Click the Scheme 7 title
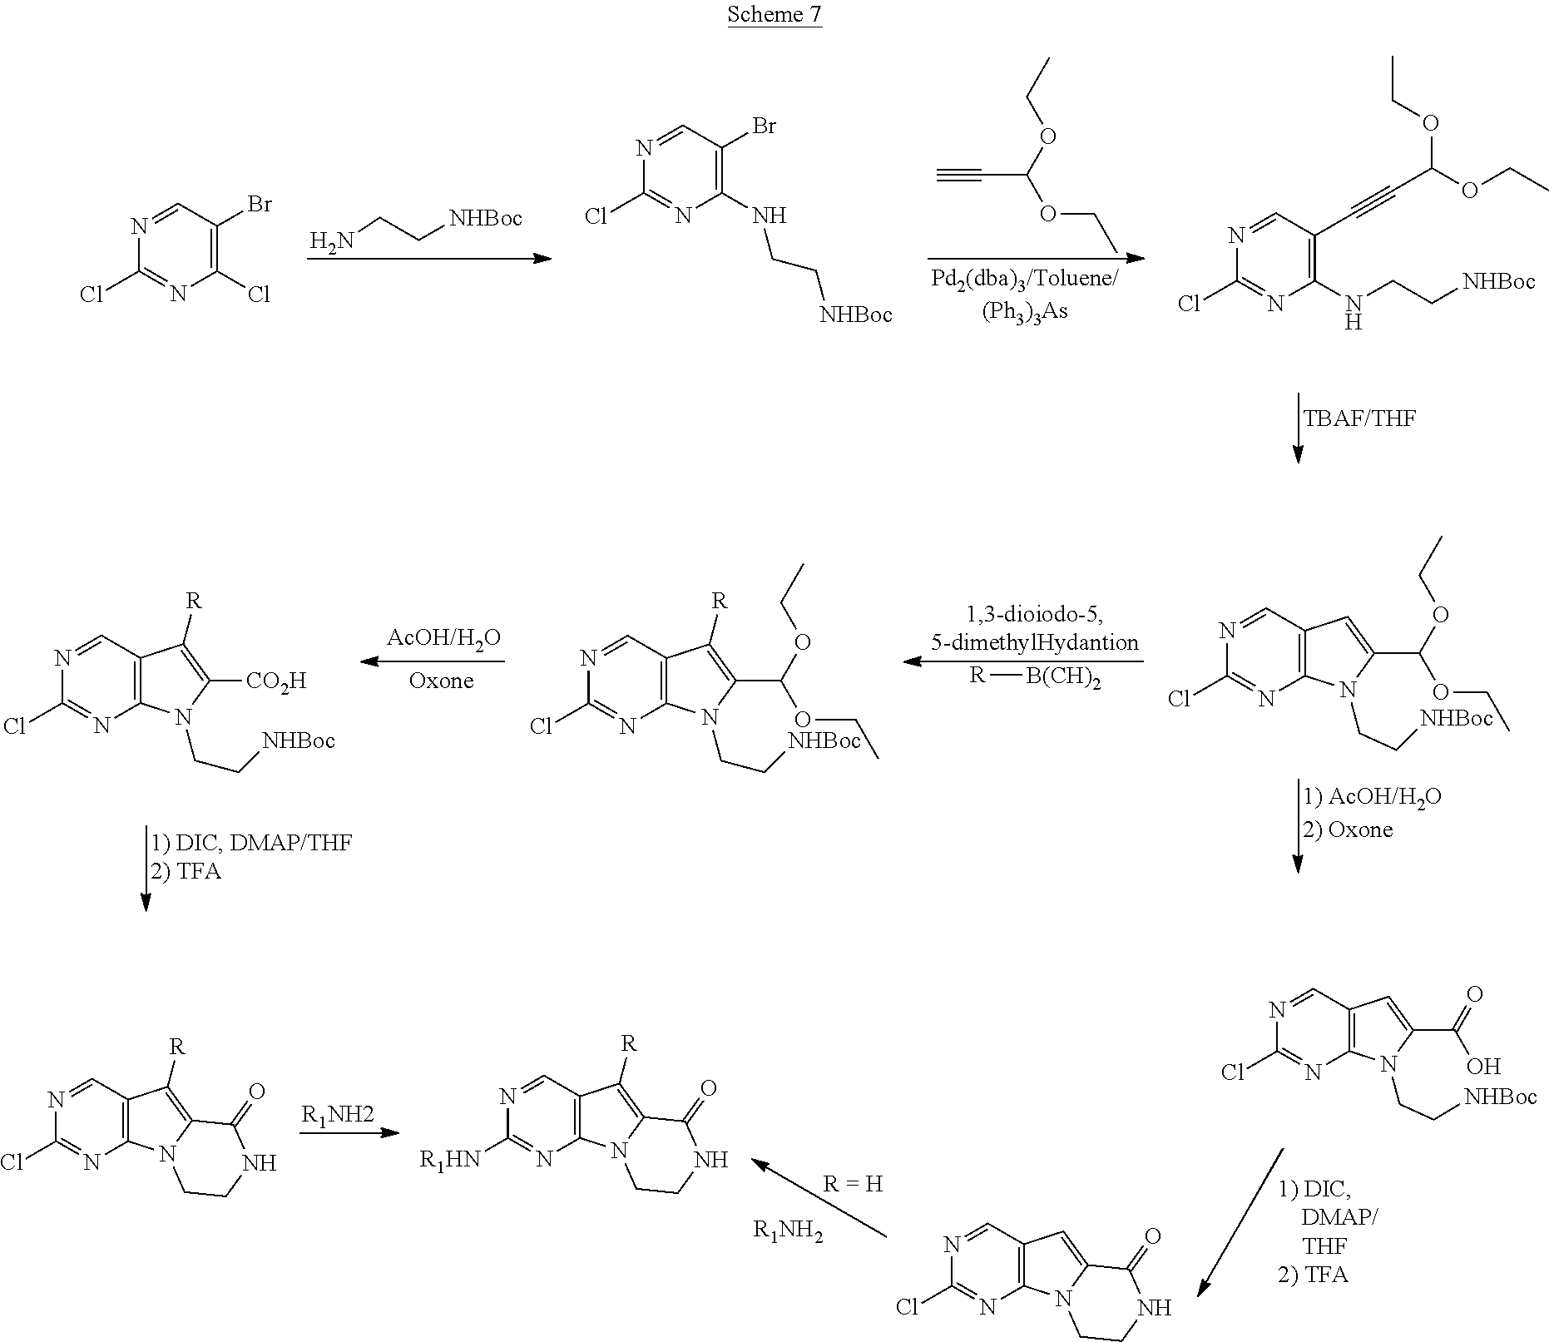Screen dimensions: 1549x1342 coord(774,14)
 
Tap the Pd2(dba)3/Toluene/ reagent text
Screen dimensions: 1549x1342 coord(1023,280)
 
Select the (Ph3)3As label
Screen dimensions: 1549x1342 coord(1025,312)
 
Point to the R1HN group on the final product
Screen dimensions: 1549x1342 coord(450,1160)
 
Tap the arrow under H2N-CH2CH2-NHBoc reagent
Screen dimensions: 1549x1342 coord(429,259)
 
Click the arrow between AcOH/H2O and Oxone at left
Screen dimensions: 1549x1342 coord(432,661)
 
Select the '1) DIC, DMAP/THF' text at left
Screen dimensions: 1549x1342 coord(250,843)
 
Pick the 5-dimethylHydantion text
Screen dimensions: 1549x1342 coord(1035,642)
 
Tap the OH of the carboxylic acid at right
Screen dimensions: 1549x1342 coord(1483,1066)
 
